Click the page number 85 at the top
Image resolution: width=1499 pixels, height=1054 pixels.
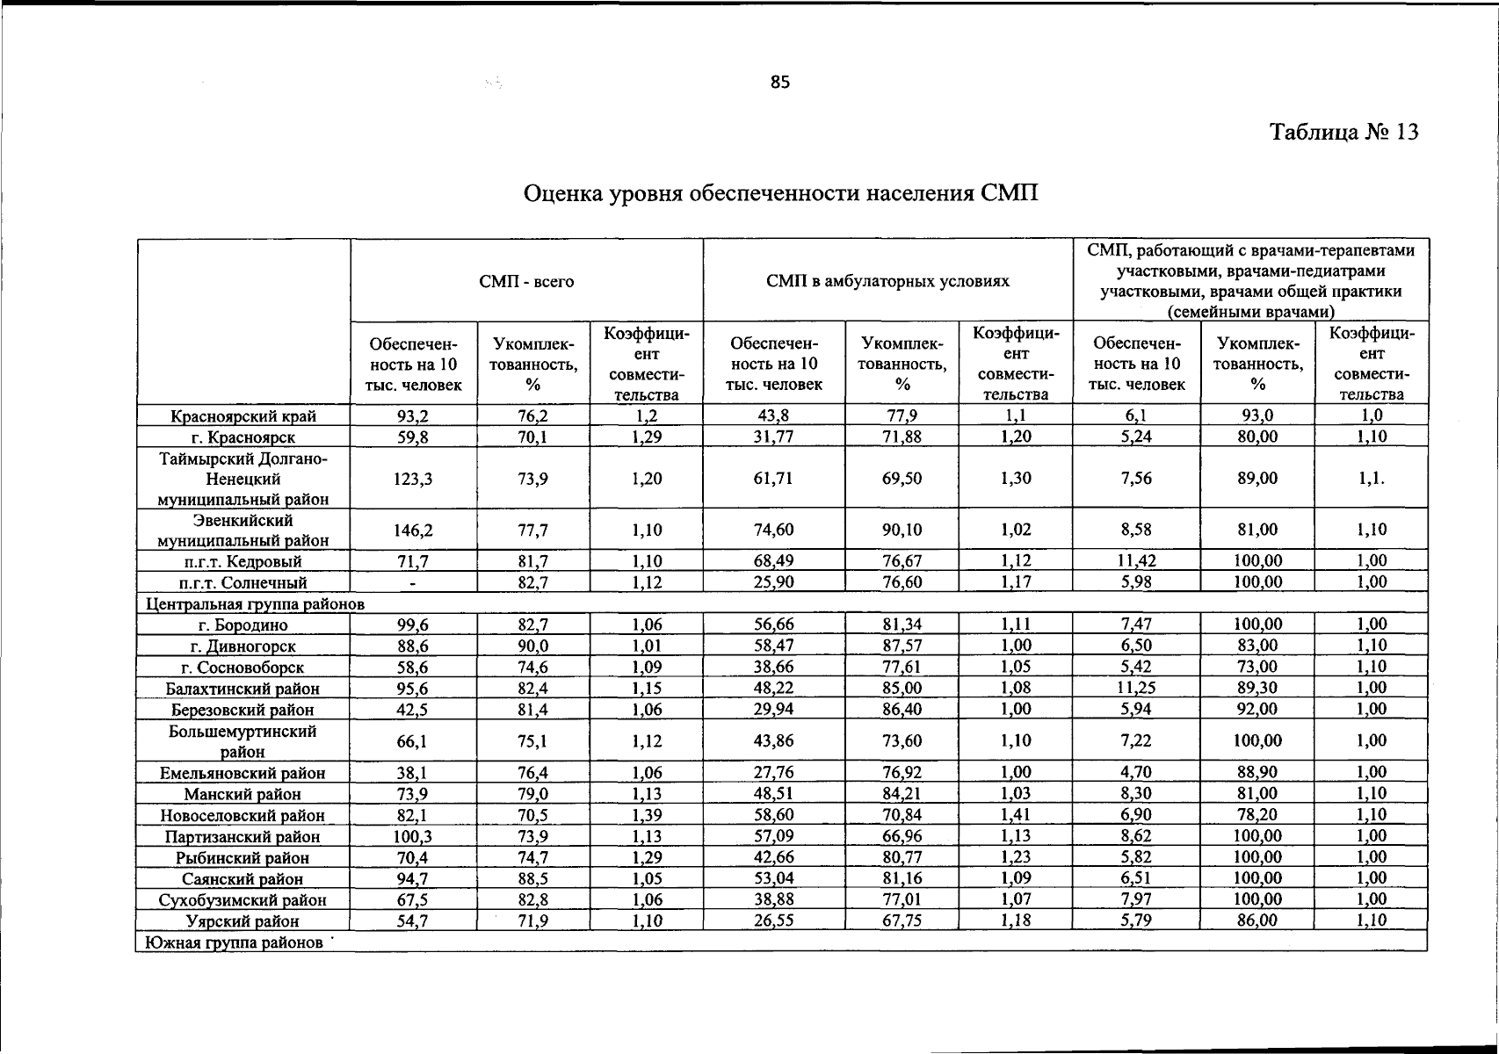[x=780, y=83]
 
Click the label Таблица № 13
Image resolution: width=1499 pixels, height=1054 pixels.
[x=1344, y=133]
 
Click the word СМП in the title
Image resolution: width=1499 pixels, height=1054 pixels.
[x=1010, y=192]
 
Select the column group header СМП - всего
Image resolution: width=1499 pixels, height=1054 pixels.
[x=526, y=282]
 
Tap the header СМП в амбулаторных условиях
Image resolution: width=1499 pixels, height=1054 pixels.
[x=887, y=282]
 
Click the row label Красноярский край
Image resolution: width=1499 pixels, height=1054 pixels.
[x=243, y=416]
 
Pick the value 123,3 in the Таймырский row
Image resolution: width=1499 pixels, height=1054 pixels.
[x=414, y=479]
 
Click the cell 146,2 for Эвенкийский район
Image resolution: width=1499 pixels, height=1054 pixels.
[x=414, y=531]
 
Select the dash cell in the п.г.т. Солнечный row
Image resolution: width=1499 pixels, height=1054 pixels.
[x=414, y=582]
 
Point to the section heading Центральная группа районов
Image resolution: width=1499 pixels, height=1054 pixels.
[x=254, y=604]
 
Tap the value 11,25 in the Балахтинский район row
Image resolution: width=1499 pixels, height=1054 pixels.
[x=1136, y=689]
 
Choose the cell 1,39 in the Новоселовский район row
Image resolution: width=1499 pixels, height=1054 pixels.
[x=647, y=815]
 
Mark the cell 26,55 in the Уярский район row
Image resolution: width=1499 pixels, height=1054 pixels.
[x=773, y=921]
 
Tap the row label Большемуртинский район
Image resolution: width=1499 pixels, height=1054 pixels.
[x=243, y=741]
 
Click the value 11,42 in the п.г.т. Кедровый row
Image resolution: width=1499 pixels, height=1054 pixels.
[x=1136, y=561]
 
